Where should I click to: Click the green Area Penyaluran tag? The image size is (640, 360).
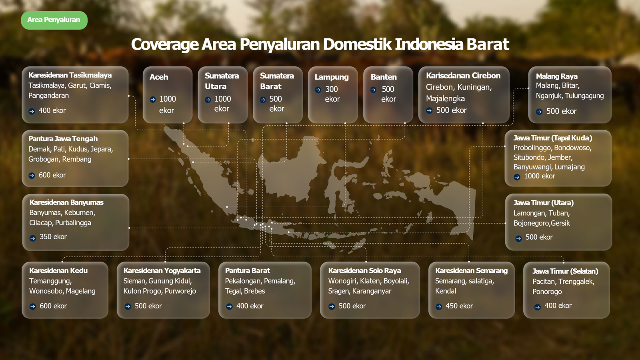point(54,20)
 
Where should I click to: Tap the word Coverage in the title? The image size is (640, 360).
point(165,44)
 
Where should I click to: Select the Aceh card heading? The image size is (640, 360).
point(159,77)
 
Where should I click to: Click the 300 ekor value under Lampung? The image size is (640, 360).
point(332,94)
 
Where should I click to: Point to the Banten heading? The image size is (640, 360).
point(384,77)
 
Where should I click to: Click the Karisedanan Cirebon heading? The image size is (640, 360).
point(463,76)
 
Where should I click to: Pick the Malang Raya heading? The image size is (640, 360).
point(556,76)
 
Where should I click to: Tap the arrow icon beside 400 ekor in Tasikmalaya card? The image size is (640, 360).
point(32,111)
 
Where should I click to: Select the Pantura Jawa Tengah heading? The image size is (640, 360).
point(63,139)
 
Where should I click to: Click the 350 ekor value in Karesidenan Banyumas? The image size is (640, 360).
point(53,236)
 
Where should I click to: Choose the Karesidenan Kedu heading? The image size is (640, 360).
point(58,270)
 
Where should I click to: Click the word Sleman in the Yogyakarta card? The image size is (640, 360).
point(134,281)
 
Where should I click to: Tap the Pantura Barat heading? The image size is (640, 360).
point(248,270)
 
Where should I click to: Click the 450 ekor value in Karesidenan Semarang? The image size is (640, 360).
point(459,306)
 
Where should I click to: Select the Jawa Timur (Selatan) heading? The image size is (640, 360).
point(565,271)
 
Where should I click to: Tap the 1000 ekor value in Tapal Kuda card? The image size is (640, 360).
point(540,176)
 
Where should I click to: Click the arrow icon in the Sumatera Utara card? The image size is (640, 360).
point(208,100)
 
